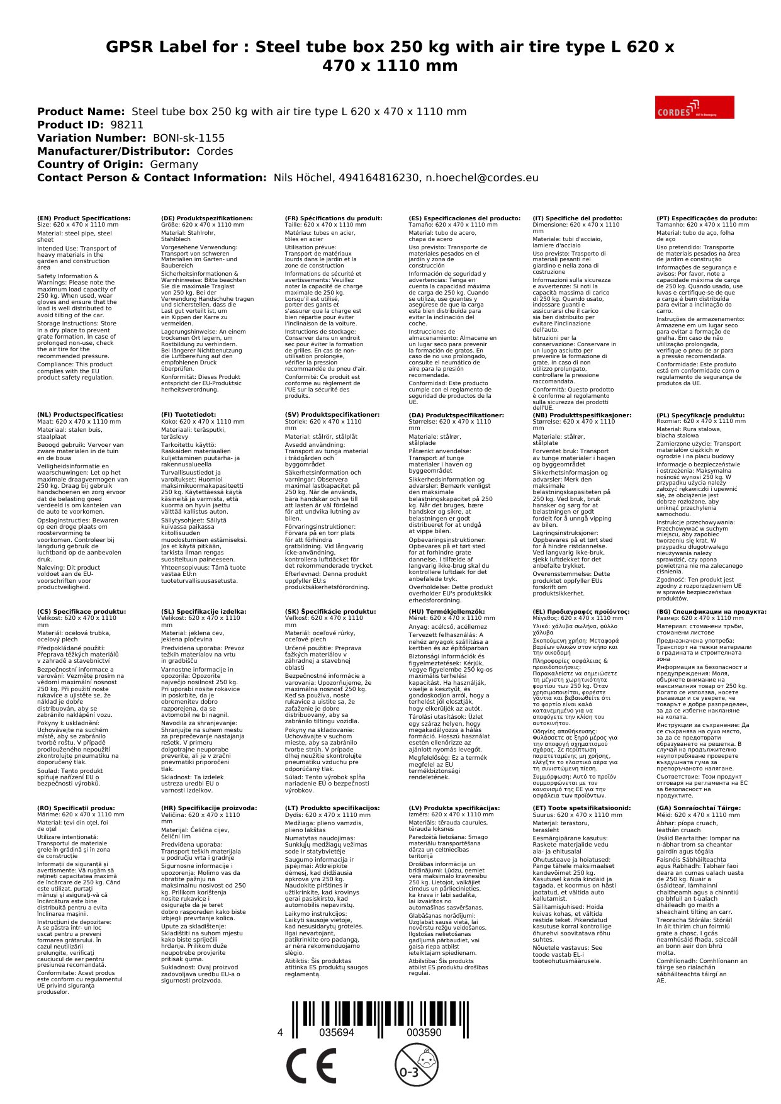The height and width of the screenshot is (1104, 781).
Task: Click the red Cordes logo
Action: pyautogui.click(x=694, y=107)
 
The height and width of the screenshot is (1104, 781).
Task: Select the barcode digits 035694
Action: pyautogui.click(x=337, y=1033)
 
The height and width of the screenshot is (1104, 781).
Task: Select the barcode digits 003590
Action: pyautogui.click(x=424, y=1033)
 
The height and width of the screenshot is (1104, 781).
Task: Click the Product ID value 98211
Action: pyautogui.click(x=127, y=125)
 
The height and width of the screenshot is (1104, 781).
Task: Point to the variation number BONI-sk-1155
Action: pyautogui.click(x=189, y=138)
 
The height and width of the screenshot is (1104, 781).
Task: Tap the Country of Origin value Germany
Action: pyautogui.click(x=174, y=164)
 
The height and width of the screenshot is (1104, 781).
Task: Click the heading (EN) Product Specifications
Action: pyautogui.click(x=84, y=218)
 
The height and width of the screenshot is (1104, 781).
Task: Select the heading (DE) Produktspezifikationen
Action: pyautogui.click(x=207, y=218)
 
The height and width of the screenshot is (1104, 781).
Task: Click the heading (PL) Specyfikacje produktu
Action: pyautogui.click(x=700, y=415)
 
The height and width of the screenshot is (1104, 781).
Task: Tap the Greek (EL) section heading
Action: pyautogui.click(x=581, y=612)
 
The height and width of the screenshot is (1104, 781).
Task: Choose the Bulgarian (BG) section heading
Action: pyautogui.click(x=711, y=612)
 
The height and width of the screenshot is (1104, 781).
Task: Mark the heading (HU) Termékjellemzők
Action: pyautogui.click(x=447, y=612)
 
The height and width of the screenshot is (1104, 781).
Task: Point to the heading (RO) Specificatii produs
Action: pyautogui.click(x=76, y=808)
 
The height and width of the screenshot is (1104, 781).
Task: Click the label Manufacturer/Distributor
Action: pyautogui.click(x=113, y=151)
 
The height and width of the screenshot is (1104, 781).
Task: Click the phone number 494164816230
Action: pyautogui.click(x=378, y=177)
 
